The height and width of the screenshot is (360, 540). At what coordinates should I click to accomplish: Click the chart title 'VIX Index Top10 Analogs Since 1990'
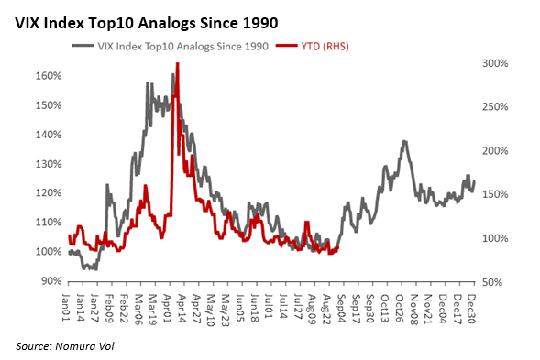(146, 24)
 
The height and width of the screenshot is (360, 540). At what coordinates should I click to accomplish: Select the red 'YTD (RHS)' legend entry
(313, 46)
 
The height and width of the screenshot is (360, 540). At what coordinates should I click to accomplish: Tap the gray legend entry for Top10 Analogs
(171, 46)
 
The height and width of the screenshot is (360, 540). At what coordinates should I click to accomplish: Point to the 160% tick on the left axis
(49, 76)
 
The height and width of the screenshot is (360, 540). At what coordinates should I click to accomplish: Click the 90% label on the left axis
(51, 281)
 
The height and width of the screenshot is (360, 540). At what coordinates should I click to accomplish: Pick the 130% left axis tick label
(49, 164)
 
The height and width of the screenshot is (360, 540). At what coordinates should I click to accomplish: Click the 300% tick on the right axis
(495, 63)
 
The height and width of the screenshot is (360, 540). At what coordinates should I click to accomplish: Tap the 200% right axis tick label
(495, 151)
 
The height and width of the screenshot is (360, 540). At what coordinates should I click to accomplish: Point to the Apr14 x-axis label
(182, 309)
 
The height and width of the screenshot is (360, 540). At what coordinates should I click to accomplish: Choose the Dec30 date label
(471, 309)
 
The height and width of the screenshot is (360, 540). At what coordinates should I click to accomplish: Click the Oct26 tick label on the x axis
(399, 309)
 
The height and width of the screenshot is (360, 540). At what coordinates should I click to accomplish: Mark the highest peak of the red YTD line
(177, 63)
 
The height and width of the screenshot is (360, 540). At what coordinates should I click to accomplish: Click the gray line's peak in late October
(404, 141)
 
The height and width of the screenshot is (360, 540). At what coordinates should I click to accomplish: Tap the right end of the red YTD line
(338, 247)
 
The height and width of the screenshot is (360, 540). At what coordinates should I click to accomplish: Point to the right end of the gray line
(475, 181)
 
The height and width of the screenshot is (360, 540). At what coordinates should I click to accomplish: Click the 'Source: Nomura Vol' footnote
(65, 346)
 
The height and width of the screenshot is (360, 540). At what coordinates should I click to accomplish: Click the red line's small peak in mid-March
(146, 186)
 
